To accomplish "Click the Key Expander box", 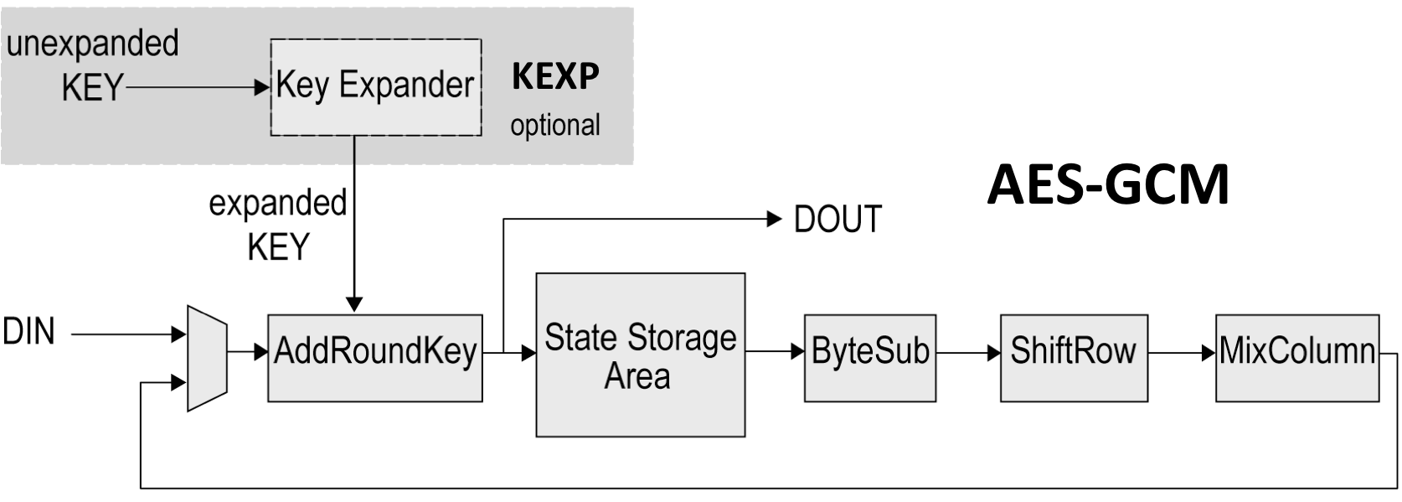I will (375, 86).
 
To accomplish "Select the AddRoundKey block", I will (374, 358).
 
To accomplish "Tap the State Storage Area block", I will (640, 355).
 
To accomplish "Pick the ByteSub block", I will (870, 358).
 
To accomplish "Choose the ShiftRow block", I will (1074, 358).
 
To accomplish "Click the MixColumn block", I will (1296, 358).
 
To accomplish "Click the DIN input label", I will (29, 333).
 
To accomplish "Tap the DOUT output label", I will (837, 220).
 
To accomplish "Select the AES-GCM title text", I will (1108, 185).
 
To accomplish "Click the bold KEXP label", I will (555, 76).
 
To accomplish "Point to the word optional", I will (555, 126).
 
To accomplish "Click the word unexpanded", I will (93, 44).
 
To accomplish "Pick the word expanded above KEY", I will (277, 203).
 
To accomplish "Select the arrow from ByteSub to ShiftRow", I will (968, 353).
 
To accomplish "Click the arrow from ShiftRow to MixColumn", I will (1182, 353).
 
